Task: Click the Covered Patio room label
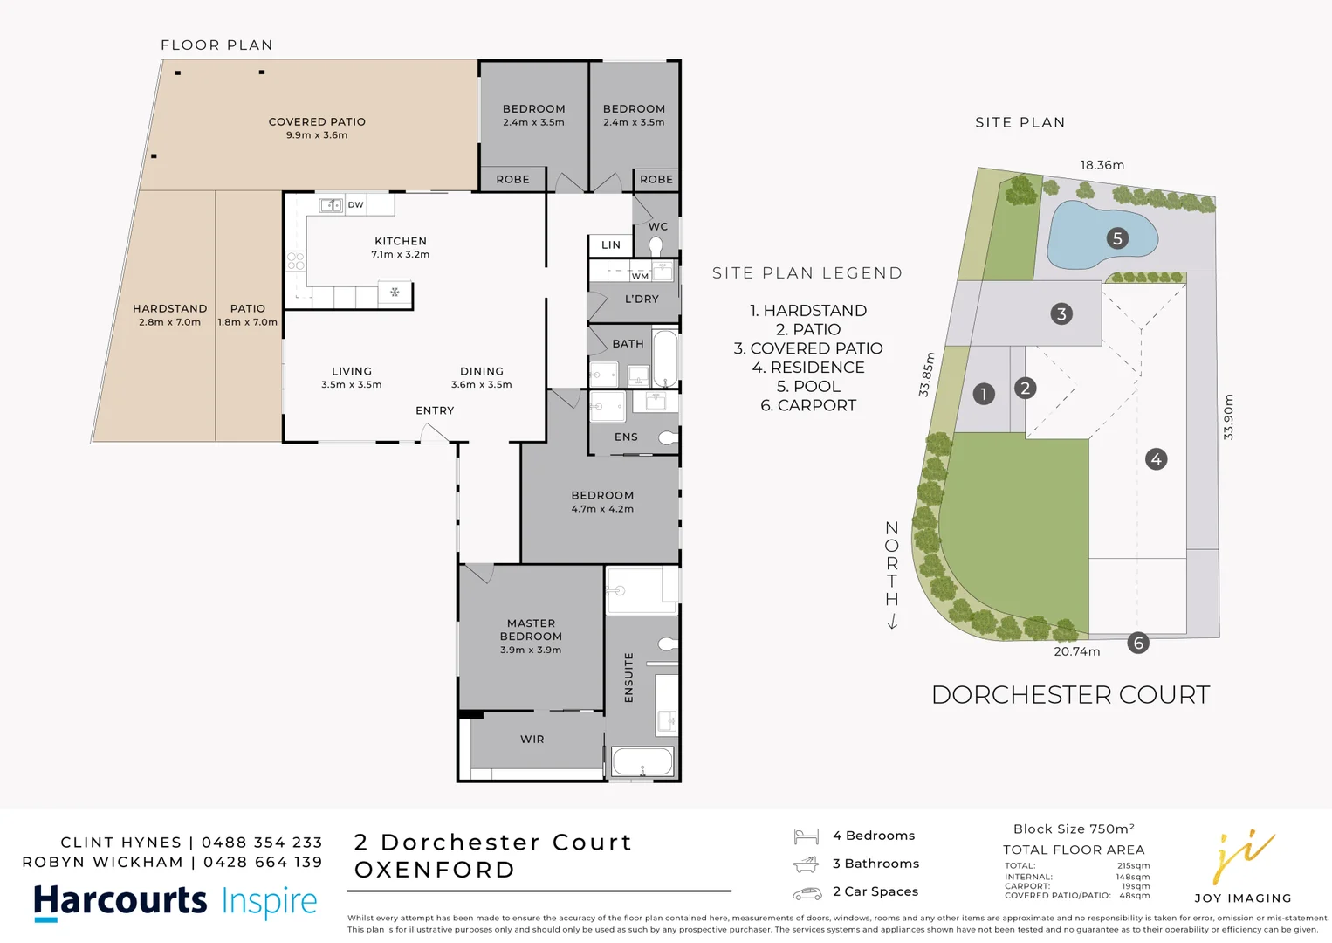[317, 122]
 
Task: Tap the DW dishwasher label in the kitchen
[355, 205]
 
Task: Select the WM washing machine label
[640, 276]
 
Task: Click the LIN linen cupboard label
[611, 245]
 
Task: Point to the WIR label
[532, 740]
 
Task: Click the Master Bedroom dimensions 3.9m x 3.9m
[531, 650]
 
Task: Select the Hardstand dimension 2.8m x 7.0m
[169, 322]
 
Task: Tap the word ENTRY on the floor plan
[435, 410]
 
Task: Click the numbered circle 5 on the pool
[1117, 238]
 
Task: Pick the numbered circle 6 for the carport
[1137, 644]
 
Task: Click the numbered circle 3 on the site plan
[1061, 314]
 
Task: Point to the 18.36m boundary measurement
[1102, 165]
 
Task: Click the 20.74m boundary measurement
[1076, 651]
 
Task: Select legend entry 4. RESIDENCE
[808, 368]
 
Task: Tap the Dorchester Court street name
[1070, 695]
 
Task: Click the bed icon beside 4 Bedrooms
[806, 836]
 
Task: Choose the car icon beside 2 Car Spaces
[807, 893]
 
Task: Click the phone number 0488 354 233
[262, 843]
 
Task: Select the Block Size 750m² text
[1074, 829]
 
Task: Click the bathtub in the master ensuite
[642, 761]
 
